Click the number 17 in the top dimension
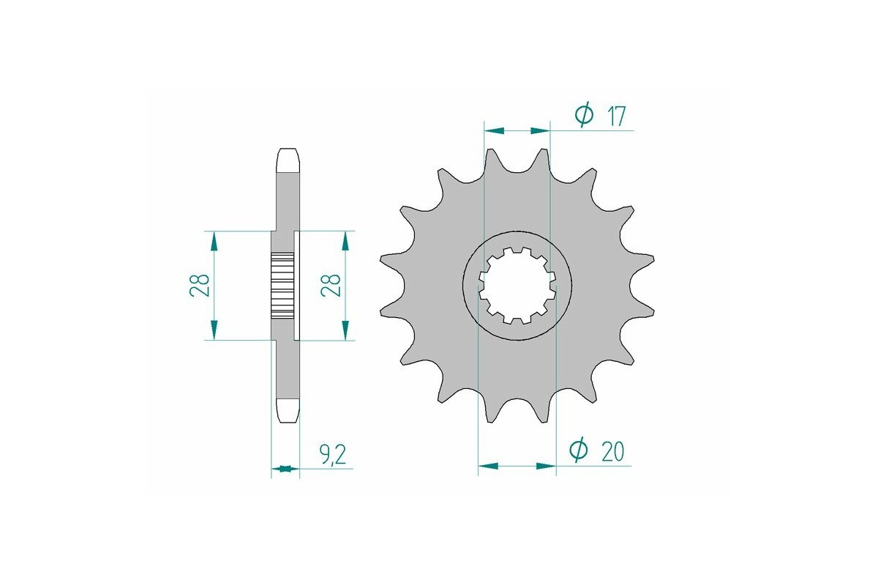coord(616,116)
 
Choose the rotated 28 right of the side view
coord(331,285)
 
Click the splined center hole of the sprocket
coord(517,286)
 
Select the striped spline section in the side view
coord(282,285)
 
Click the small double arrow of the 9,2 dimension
coord(285,468)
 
